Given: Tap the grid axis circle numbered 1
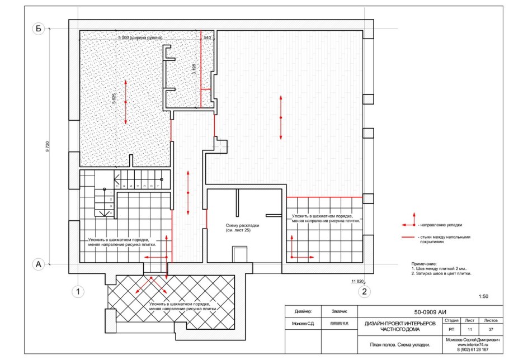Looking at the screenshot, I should click(x=80, y=291).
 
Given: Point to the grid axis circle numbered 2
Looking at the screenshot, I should click(x=364, y=291).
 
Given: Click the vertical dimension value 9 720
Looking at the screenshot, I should click(x=48, y=148).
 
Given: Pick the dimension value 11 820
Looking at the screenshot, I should click(x=357, y=281).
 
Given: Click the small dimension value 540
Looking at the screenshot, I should click(x=207, y=37).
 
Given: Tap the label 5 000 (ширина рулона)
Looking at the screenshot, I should click(x=140, y=37).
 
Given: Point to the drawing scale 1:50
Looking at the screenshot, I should click(x=484, y=296).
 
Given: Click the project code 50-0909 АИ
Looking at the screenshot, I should click(x=430, y=312).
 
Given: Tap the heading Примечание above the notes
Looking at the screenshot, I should click(x=423, y=263).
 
